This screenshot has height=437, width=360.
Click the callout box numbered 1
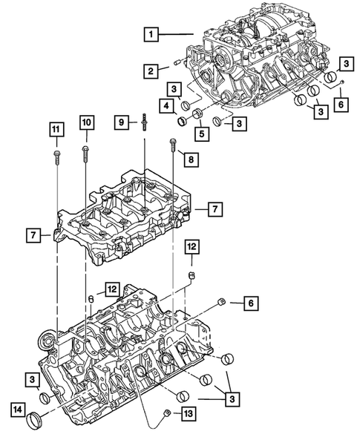pos(151,34)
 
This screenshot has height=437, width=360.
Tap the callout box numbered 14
pos(16,407)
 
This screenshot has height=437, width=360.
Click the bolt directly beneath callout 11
pos(56,155)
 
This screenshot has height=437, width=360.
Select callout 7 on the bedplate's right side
pos(214,210)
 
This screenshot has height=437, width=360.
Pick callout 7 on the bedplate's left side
pos(33,236)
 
